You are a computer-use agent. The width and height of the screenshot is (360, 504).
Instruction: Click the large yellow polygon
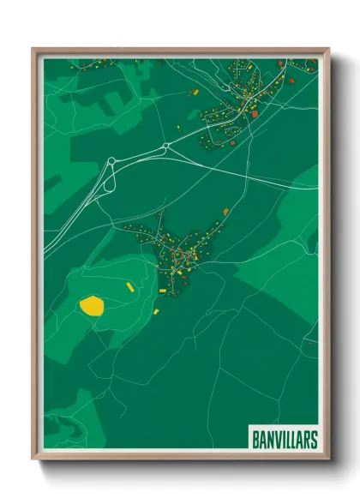(x=91, y=304)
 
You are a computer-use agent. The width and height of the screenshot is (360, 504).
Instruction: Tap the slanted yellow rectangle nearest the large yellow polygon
(x=130, y=286)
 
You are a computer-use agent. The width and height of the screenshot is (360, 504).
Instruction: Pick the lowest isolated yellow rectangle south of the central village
(x=157, y=312)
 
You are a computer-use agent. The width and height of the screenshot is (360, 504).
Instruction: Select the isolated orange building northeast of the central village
(x=226, y=211)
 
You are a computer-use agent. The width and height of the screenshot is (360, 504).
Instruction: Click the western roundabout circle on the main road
(x=111, y=160)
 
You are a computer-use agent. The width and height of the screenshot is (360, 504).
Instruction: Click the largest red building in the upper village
(x=255, y=111)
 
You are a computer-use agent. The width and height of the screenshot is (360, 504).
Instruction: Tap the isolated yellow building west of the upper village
(x=194, y=91)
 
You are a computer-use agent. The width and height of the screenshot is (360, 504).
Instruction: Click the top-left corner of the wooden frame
(x=33, y=49)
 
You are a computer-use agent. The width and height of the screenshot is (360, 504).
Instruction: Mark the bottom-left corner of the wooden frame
(x=33, y=459)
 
